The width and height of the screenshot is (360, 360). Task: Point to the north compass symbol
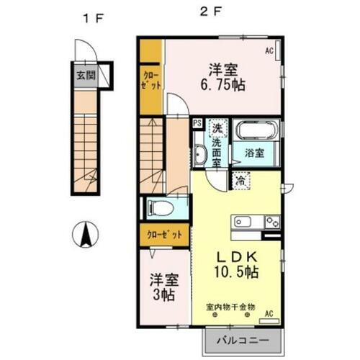click(86, 235)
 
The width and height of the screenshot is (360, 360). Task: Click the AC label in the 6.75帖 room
click(269, 50)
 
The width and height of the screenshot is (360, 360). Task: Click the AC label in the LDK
click(269, 313)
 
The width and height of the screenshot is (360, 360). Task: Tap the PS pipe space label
click(197, 123)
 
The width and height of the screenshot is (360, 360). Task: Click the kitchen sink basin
click(241, 221)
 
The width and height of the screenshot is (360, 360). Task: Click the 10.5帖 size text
click(236, 273)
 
